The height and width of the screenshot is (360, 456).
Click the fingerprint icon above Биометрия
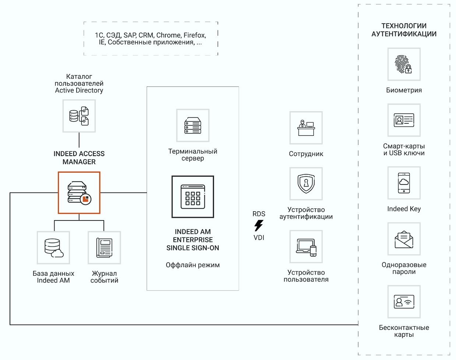(x=404, y=64)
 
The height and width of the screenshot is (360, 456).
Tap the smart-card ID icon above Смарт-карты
(x=404, y=120)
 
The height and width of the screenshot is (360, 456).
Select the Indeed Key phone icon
(x=404, y=183)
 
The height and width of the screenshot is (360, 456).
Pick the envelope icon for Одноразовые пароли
(x=404, y=239)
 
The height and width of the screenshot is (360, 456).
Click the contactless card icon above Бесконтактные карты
(x=404, y=302)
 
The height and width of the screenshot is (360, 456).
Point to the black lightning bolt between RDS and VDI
(x=259, y=226)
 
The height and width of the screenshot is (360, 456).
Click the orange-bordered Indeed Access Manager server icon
(x=79, y=193)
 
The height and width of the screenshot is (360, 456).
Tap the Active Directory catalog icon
(x=79, y=116)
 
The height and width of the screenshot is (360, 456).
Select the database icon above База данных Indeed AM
(x=53, y=248)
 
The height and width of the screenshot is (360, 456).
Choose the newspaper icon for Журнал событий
(x=104, y=248)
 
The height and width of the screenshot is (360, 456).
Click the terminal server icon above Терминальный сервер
(x=193, y=126)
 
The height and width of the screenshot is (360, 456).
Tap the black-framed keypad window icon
(x=193, y=197)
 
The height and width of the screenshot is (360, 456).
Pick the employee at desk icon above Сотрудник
(x=306, y=128)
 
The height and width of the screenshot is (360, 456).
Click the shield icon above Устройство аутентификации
(x=306, y=184)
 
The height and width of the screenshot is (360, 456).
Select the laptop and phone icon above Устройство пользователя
(x=306, y=247)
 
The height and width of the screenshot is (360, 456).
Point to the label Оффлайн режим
(x=193, y=265)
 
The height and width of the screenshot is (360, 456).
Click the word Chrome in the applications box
(x=169, y=35)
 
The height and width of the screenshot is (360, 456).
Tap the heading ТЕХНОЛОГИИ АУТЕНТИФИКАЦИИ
(x=404, y=30)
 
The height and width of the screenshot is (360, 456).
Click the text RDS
(x=259, y=214)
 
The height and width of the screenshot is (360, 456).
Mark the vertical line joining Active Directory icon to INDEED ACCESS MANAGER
(x=79, y=140)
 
